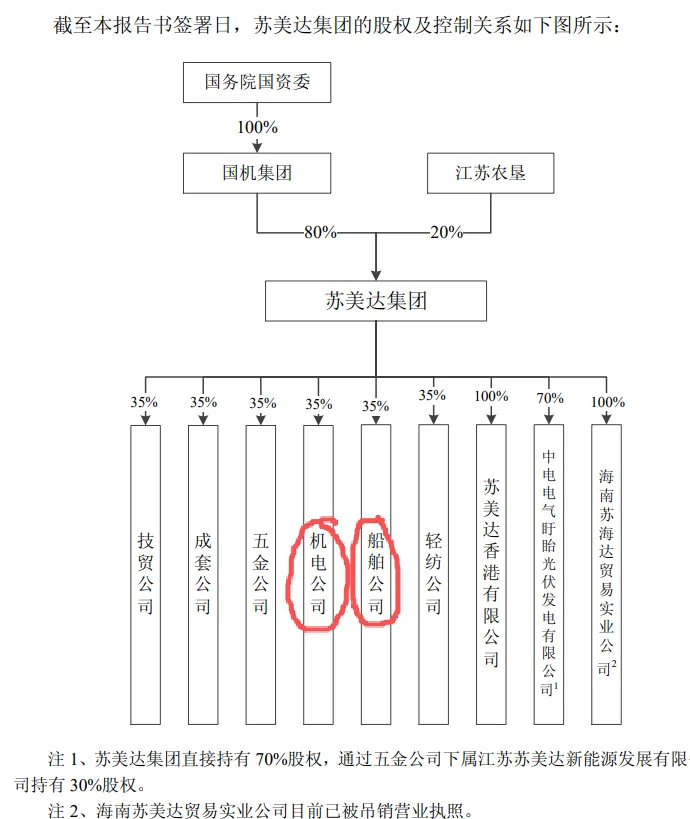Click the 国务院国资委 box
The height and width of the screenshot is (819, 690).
(257, 82)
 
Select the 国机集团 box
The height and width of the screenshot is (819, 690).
(257, 173)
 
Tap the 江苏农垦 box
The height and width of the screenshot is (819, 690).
(490, 173)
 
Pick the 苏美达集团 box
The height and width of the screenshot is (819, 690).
(376, 300)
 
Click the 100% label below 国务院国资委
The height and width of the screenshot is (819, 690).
(257, 128)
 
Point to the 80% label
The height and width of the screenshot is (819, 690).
(320, 232)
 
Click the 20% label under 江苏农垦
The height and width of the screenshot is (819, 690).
(446, 232)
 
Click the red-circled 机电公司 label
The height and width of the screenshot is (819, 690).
(318, 573)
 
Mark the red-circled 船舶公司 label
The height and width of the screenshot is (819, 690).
(376, 573)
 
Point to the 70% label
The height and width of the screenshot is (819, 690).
(550, 398)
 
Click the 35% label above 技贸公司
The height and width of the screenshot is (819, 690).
(146, 403)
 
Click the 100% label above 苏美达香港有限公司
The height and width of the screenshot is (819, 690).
(491, 396)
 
